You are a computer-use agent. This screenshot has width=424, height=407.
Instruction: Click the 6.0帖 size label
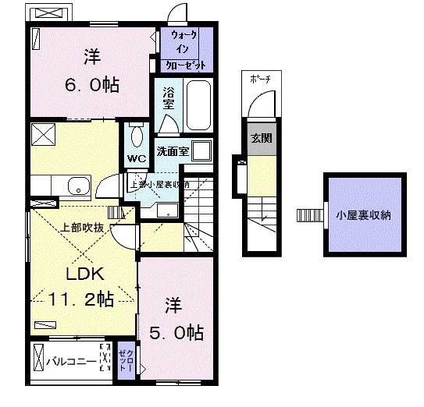(x=92, y=84)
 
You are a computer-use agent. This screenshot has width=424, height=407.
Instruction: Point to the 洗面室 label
(x=173, y=152)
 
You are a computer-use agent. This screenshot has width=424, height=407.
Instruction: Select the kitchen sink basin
(x=78, y=186)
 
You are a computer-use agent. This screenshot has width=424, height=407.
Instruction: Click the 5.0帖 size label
(x=176, y=334)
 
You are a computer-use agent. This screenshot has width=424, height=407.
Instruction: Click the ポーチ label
(x=261, y=79)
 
